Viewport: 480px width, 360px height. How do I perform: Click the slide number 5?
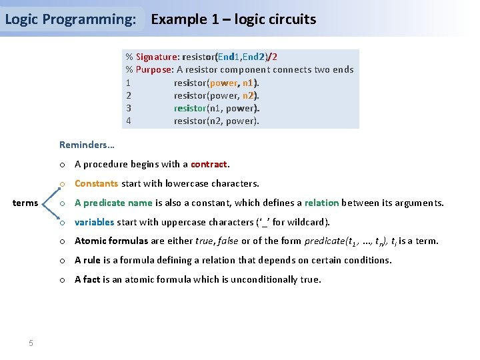[31, 343]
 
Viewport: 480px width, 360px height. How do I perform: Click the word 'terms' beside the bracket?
[26, 203]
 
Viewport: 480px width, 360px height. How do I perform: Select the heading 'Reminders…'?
[87, 145]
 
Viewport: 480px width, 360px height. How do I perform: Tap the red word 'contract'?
[209, 164]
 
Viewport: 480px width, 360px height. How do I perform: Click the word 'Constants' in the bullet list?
[96, 183]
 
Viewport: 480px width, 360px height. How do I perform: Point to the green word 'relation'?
[321, 203]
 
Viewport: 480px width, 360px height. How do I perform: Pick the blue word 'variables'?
[94, 222]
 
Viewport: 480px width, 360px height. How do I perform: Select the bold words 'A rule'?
[89, 260]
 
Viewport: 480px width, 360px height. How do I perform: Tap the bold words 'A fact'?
[87, 279]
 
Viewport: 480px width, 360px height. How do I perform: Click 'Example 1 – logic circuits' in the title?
[233, 19]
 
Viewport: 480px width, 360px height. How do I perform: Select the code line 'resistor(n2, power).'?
[216, 121]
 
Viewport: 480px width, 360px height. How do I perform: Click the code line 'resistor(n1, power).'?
[216, 108]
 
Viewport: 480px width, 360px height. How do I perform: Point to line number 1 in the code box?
[128, 83]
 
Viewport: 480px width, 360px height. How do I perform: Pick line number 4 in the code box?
[128, 121]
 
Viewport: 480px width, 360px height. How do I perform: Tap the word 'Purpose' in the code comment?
[153, 70]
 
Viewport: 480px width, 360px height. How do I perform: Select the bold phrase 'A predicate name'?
[113, 203]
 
